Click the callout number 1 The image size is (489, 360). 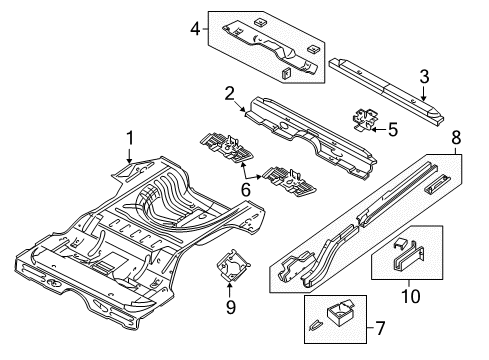(128, 139)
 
